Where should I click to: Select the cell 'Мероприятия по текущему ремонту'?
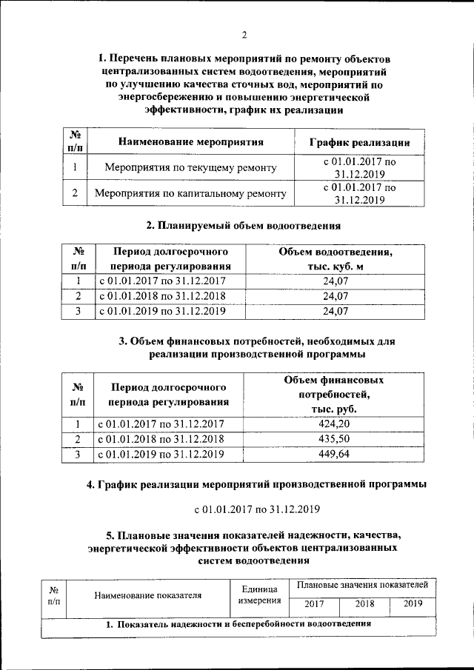click(190, 168)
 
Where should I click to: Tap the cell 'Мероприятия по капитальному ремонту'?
click(190, 194)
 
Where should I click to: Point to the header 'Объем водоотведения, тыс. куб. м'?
click(335, 259)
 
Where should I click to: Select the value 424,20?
click(335, 423)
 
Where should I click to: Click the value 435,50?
click(335, 439)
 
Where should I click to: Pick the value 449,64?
click(335, 455)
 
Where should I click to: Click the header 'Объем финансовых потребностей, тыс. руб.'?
click(335, 394)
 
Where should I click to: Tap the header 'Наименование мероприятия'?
click(190, 141)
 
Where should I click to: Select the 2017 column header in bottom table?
click(315, 603)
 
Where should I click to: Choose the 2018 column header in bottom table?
click(364, 603)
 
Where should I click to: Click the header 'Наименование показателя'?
click(148, 594)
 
